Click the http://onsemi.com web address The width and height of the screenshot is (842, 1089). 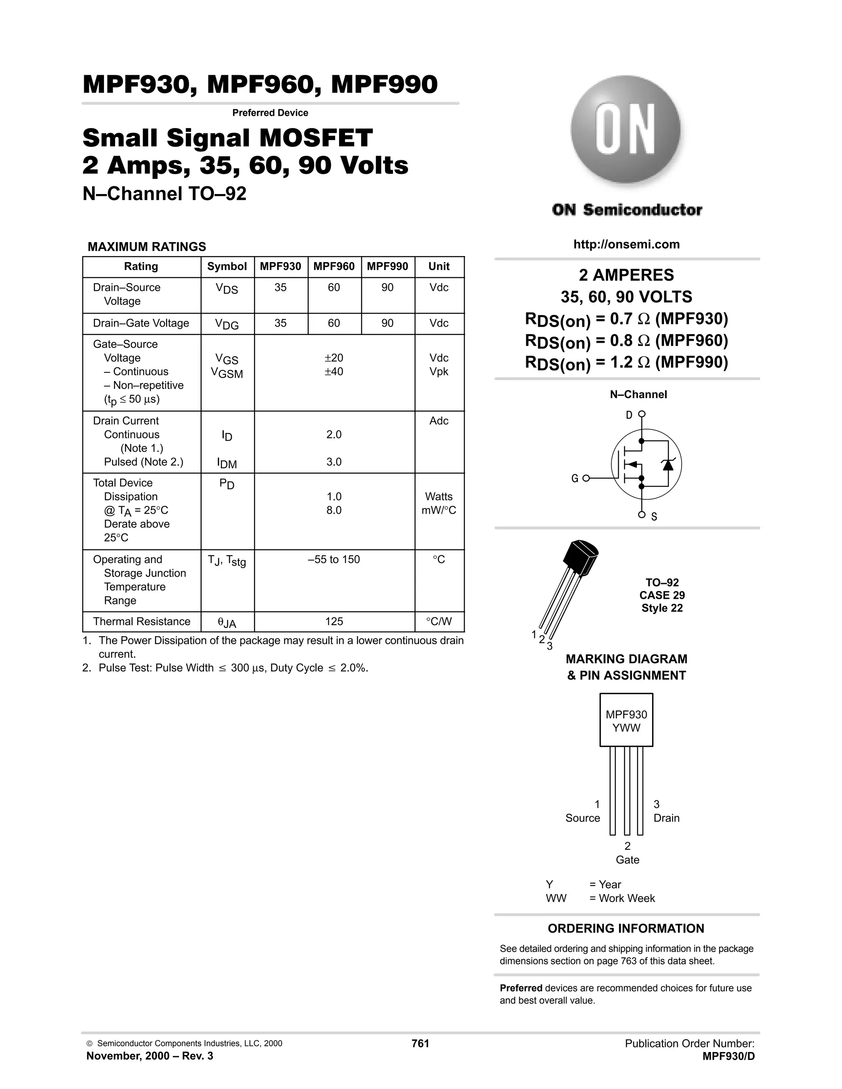[626, 245]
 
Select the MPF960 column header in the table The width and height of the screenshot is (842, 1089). [334, 266]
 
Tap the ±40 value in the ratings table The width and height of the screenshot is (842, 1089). [334, 371]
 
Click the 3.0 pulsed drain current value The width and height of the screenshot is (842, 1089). [334, 462]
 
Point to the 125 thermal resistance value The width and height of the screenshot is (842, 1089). [334, 621]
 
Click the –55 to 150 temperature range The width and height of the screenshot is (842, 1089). [334, 559]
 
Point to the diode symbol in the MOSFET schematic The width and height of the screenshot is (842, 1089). [667, 464]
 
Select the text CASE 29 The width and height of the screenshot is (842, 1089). [662, 595]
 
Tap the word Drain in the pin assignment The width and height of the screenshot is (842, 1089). [666, 818]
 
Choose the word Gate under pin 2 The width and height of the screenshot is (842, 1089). [627, 860]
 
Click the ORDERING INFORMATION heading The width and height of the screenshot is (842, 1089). [626, 928]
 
